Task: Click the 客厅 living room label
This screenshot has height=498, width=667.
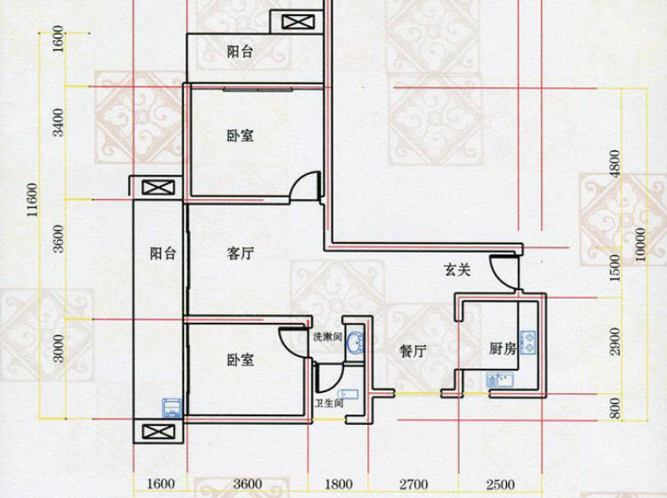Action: [x=240, y=253]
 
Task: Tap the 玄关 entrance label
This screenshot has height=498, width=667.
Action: [x=457, y=269]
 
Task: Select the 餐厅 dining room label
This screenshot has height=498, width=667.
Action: [x=413, y=351]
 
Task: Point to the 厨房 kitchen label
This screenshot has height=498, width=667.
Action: [x=502, y=349]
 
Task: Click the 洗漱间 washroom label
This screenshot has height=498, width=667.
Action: [x=327, y=337]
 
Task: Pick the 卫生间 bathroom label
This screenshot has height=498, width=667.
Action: [x=329, y=403]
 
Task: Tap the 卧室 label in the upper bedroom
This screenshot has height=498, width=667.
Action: [x=240, y=136]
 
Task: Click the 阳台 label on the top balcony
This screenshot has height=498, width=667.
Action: [x=240, y=52]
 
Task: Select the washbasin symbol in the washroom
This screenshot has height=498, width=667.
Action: [x=355, y=342]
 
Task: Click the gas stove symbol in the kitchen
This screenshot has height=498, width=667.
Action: [x=528, y=342]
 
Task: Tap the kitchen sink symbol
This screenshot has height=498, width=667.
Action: [x=500, y=380]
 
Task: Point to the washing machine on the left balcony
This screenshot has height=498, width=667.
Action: [x=172, y=408]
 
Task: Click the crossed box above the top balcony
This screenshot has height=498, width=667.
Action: [x=299, y=21]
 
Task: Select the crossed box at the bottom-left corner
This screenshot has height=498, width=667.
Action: [x=158, y=431]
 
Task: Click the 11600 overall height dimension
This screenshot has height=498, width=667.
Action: [x=32, y=199]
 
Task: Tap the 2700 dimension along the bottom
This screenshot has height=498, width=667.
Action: [x=414, y=485]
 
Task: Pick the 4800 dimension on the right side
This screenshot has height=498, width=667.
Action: [x=615, y=165]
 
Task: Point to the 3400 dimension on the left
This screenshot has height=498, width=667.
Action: [x=58, y=123]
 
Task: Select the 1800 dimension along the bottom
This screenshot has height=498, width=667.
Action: [x=339, y=485]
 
